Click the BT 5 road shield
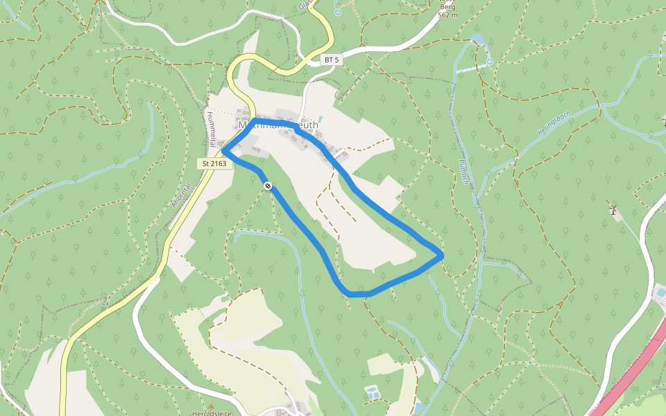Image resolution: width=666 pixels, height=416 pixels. pyautogui.click(x=332, y=60)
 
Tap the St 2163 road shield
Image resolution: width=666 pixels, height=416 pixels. pyautogui.click(x=214, y=164)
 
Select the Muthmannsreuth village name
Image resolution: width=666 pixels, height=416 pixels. pyautogui.click(x=278, y=125)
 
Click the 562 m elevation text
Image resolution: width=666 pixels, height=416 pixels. pyautogui.click(x=447, y=15)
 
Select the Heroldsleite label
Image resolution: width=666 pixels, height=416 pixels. pyautogui.click(x=211, y=413)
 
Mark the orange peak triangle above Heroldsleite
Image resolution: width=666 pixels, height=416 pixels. pyautogui.click(x=211, y=406)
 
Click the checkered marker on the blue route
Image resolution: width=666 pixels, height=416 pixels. pyautogui.click(x=267, y=185)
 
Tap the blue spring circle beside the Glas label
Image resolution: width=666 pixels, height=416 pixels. pyautogui.click(x=337, y=12)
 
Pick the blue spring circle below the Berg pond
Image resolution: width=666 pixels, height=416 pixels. pyautogui.click(x=489, y=62)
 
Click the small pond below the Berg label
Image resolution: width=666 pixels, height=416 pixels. pyautogui.click(x=477, y=37)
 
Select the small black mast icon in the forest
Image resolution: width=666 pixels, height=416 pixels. pyautogui.click(x=613, y=208)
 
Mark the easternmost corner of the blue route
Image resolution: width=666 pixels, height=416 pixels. pyautogui.click(x=442, y=256)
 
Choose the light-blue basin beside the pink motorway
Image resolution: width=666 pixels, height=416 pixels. pyautogui.click(x=660, y=293)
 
